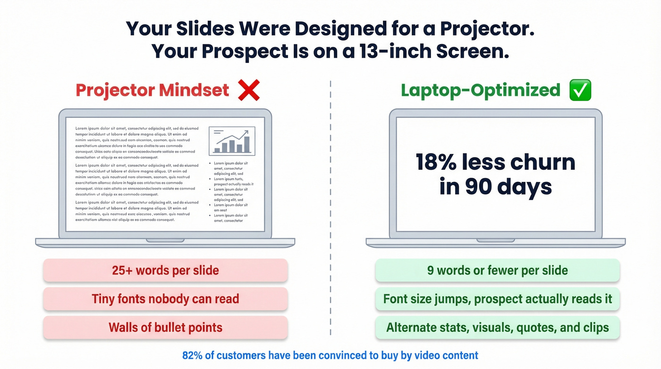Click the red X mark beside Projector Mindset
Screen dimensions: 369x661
pyautogui.click(x=248, y=90)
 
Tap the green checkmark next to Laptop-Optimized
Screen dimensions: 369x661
pyautogui.click(x=580, y=90)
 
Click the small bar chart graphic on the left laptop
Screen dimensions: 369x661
pyautogui.click(x=232, y=141)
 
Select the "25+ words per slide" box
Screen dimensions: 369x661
pyautogui.click(x=165, y=270)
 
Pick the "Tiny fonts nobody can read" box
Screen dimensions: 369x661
pyautogui.click(x=165, y=299)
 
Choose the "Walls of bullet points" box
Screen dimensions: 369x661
pyautogui.click(x=165, y=327)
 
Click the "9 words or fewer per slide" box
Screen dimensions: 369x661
pyautogui.click(x=497, y=270)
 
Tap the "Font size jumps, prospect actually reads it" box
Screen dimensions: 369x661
pyautogui.click(x=497, y=299)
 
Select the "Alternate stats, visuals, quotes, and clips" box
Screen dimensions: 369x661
pyautogui.click(x=497, y=327)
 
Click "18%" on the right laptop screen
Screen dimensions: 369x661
pyautogui.click(x=436, y=163)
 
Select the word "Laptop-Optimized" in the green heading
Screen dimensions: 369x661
pyautogui.click(x=480, y=90)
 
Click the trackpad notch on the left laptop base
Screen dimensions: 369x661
pyautogui.click(x=165, y=240)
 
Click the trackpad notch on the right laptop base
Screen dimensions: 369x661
pyautogui.click(x=495, y=240)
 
